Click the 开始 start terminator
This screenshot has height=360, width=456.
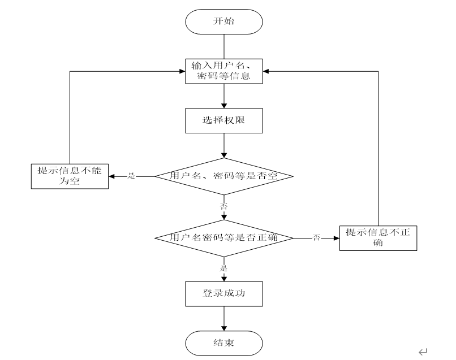point(225,21)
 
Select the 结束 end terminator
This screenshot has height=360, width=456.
point(225,342)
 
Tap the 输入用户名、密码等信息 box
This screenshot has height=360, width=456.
point(225,71)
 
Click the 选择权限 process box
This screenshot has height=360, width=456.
point(225,120)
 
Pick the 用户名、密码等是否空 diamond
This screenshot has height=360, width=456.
point(225,176)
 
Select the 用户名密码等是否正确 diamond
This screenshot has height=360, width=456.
point(225,238)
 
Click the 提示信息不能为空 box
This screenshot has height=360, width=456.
point(69,176)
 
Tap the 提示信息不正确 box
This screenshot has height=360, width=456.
point(378,238)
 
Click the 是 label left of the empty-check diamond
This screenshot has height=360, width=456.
point(131,176)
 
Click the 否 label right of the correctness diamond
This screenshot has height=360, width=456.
point(317,238)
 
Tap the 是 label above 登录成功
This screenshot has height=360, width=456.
point(224,268)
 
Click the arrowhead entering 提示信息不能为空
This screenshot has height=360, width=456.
point(111,176)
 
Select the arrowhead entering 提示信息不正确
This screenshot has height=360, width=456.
point(335,238)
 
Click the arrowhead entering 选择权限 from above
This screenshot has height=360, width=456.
point(225,106)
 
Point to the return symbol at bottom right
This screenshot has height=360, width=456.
point(423,352)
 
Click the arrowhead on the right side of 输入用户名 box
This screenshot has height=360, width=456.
point(267,71)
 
